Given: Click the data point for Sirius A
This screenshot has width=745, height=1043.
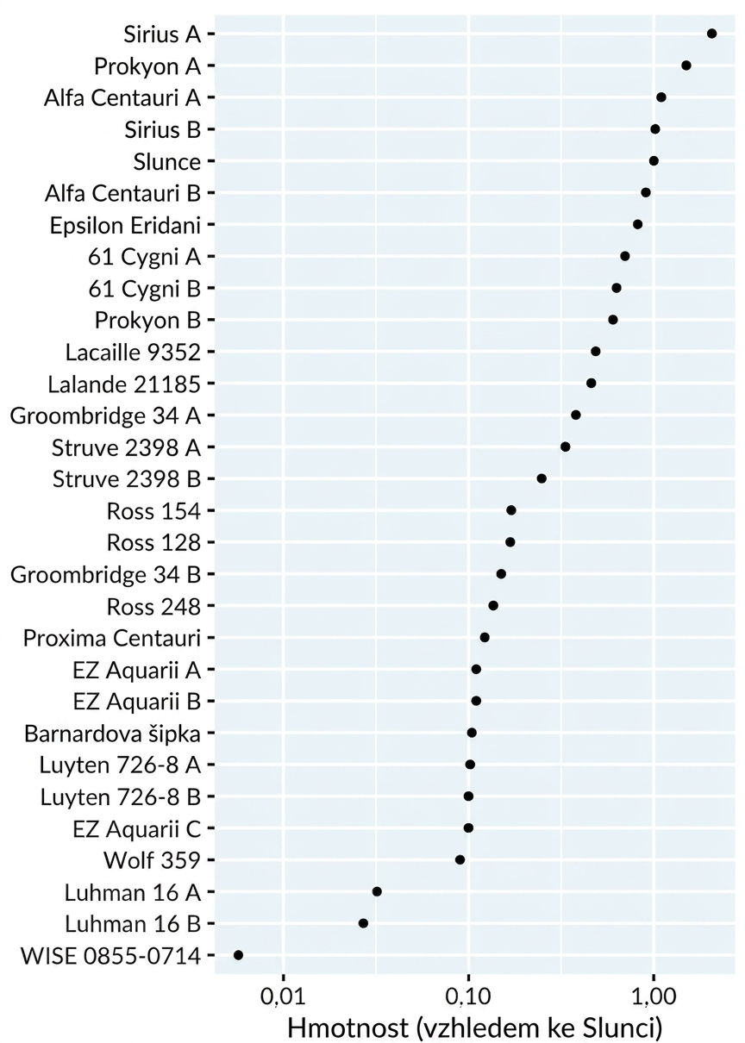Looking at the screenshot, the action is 711,34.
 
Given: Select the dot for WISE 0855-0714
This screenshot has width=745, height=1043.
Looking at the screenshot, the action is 238,955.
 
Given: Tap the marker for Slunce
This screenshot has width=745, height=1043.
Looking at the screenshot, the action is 654,160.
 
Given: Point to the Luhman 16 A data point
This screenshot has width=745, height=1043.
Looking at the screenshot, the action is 377,891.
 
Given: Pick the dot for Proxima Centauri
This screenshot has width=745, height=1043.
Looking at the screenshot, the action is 485,638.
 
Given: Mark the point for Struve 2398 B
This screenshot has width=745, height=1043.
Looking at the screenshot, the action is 542,478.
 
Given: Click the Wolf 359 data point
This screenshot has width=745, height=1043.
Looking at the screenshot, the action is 460,860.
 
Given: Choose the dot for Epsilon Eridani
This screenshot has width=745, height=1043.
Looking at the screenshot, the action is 638,224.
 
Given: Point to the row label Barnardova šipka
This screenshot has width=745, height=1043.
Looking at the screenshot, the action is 112,734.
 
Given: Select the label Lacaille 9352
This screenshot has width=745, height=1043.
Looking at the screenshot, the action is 133,353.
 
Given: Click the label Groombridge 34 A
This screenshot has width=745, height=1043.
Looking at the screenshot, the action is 105,415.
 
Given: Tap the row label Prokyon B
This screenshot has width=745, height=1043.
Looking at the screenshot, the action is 147,321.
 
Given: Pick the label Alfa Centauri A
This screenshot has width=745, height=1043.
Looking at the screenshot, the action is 122,97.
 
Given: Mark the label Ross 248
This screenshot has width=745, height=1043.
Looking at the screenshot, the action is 153,607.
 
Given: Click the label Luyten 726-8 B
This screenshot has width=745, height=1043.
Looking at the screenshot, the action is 120,797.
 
